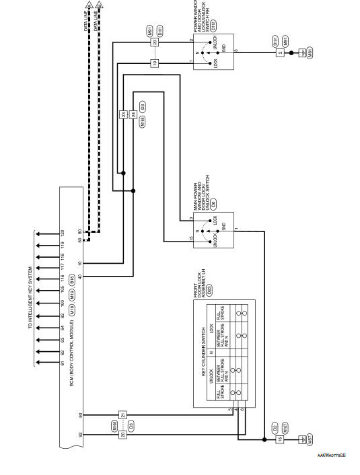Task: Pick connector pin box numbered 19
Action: tap(154, 63)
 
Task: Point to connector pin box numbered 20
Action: tap(154, 42)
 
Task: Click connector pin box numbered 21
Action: tap(122, 414)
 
